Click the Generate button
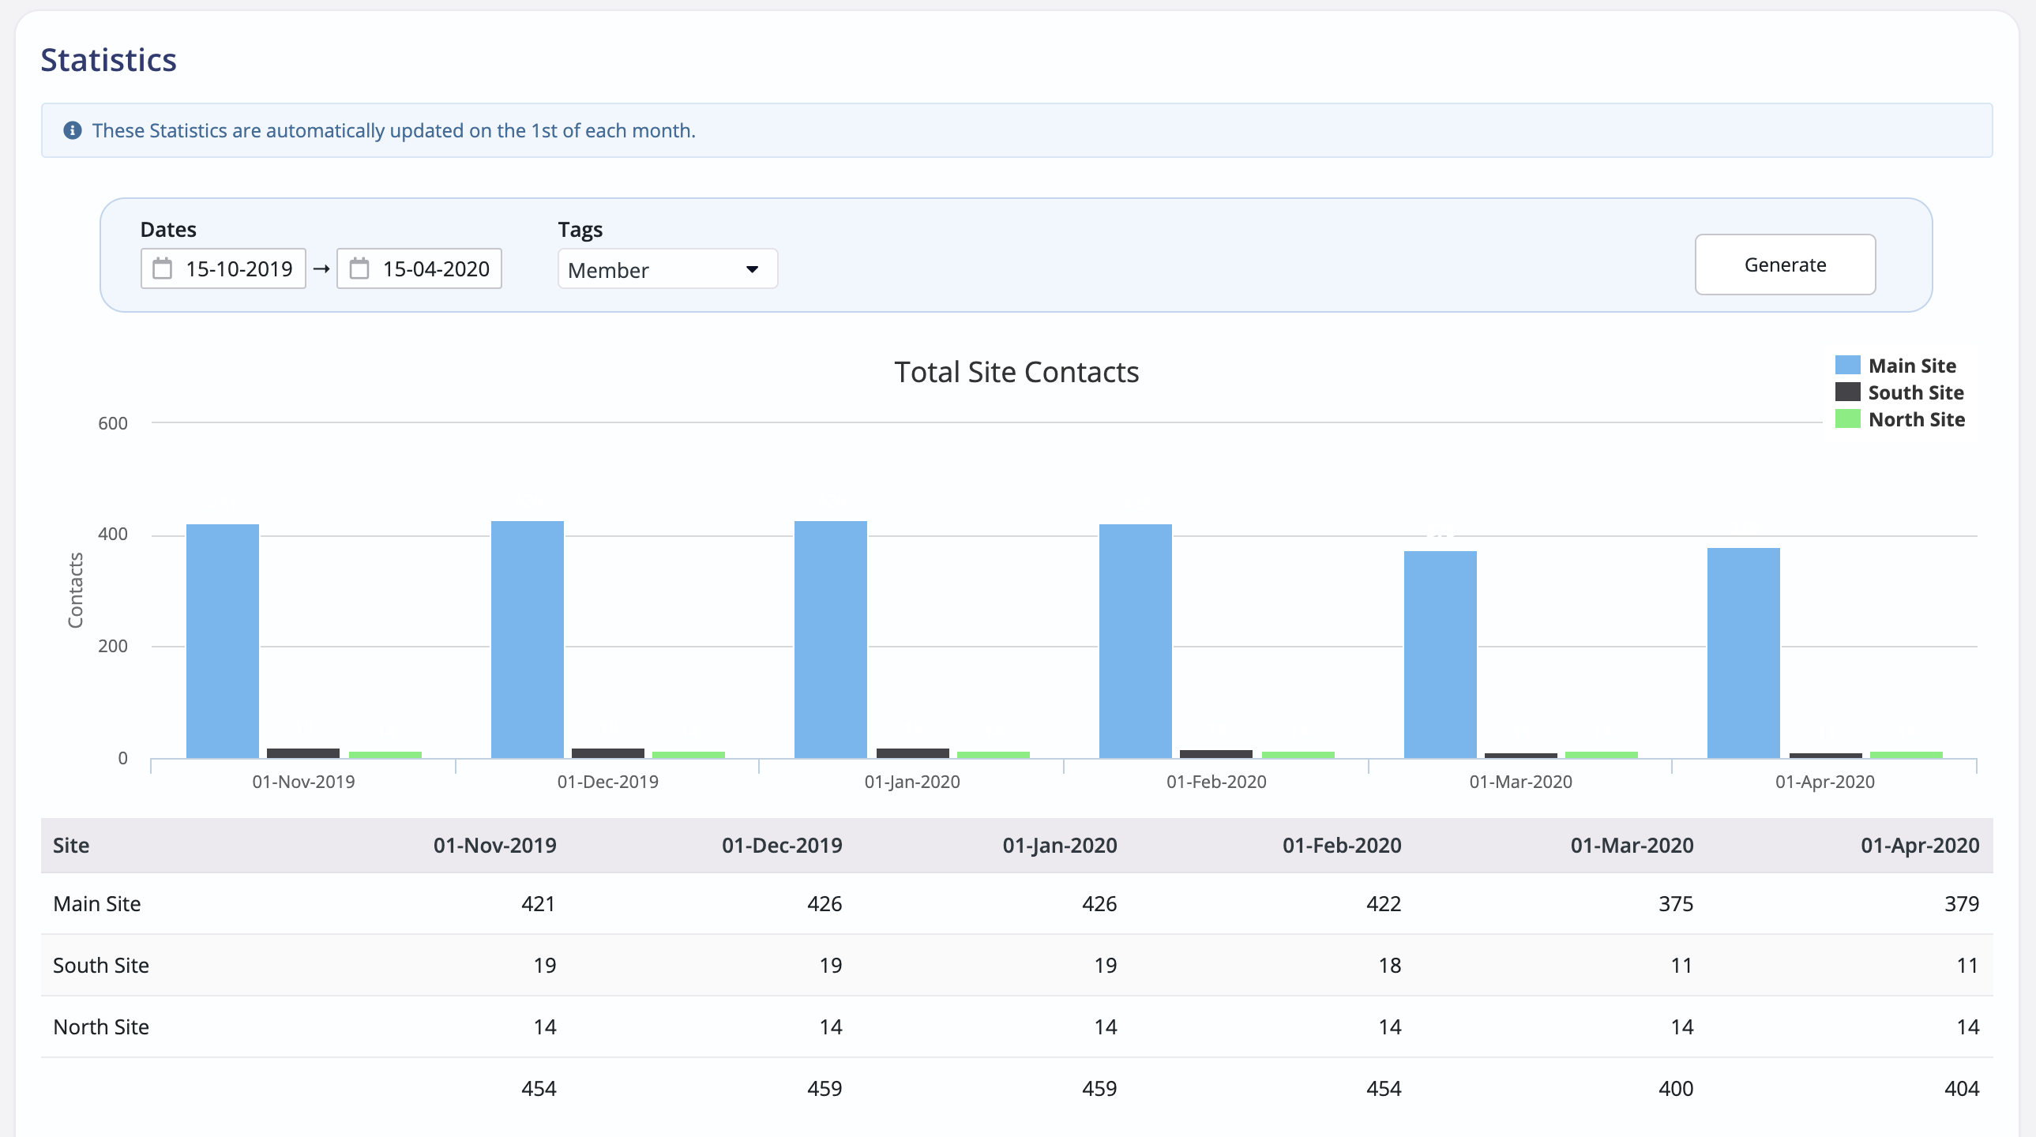(x=1784, y=265)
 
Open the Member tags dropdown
(x=667, y=269)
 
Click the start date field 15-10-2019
(x=224, y=268)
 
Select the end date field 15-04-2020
(x=419, y=268)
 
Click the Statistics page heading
(x=108, y=60)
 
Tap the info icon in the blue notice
(x=73, y=130)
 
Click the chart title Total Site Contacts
(x=1016, y=372)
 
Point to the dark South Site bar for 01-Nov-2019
(x=302, y=753)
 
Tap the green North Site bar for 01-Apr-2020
(x=1905, y=755)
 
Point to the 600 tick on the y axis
(x=113, y=423)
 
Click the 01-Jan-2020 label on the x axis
(x=911, y=782)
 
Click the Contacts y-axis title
(x=76, y=591)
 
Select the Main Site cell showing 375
(x=1675, y=903)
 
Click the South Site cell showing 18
(x=1388, y=965)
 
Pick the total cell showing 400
(x=1675, y=1088)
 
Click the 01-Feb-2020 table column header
(x=1340, y=846)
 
